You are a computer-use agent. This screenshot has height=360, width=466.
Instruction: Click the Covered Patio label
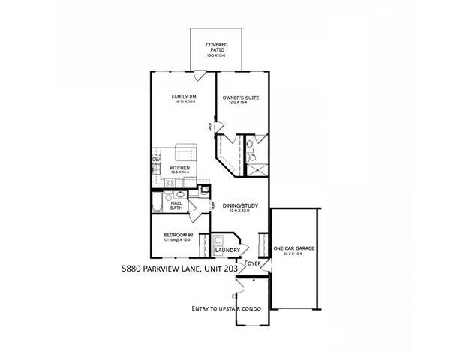[x=216, y=45]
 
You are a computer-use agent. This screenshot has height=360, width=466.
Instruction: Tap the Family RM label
[x=183, y=97]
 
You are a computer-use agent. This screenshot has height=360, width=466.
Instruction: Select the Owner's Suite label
[x=240, y=97]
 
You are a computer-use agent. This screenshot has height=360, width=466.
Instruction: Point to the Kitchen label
[x=179, y=168]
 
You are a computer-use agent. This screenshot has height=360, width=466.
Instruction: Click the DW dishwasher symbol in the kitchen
[x=157, y=160]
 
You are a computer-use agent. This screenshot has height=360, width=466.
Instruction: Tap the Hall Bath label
[x=176, y=205]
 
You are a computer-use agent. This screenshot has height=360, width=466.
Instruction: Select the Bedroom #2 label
[x=179, y=235]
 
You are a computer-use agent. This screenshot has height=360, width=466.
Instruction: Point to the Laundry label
[x=227, y=250]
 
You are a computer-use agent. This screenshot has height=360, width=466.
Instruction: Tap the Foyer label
[x=252, y=263]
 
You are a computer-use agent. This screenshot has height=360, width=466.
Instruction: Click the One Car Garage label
[x=294, y=248]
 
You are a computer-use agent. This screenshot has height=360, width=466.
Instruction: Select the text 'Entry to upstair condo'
[x=224, y=308]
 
